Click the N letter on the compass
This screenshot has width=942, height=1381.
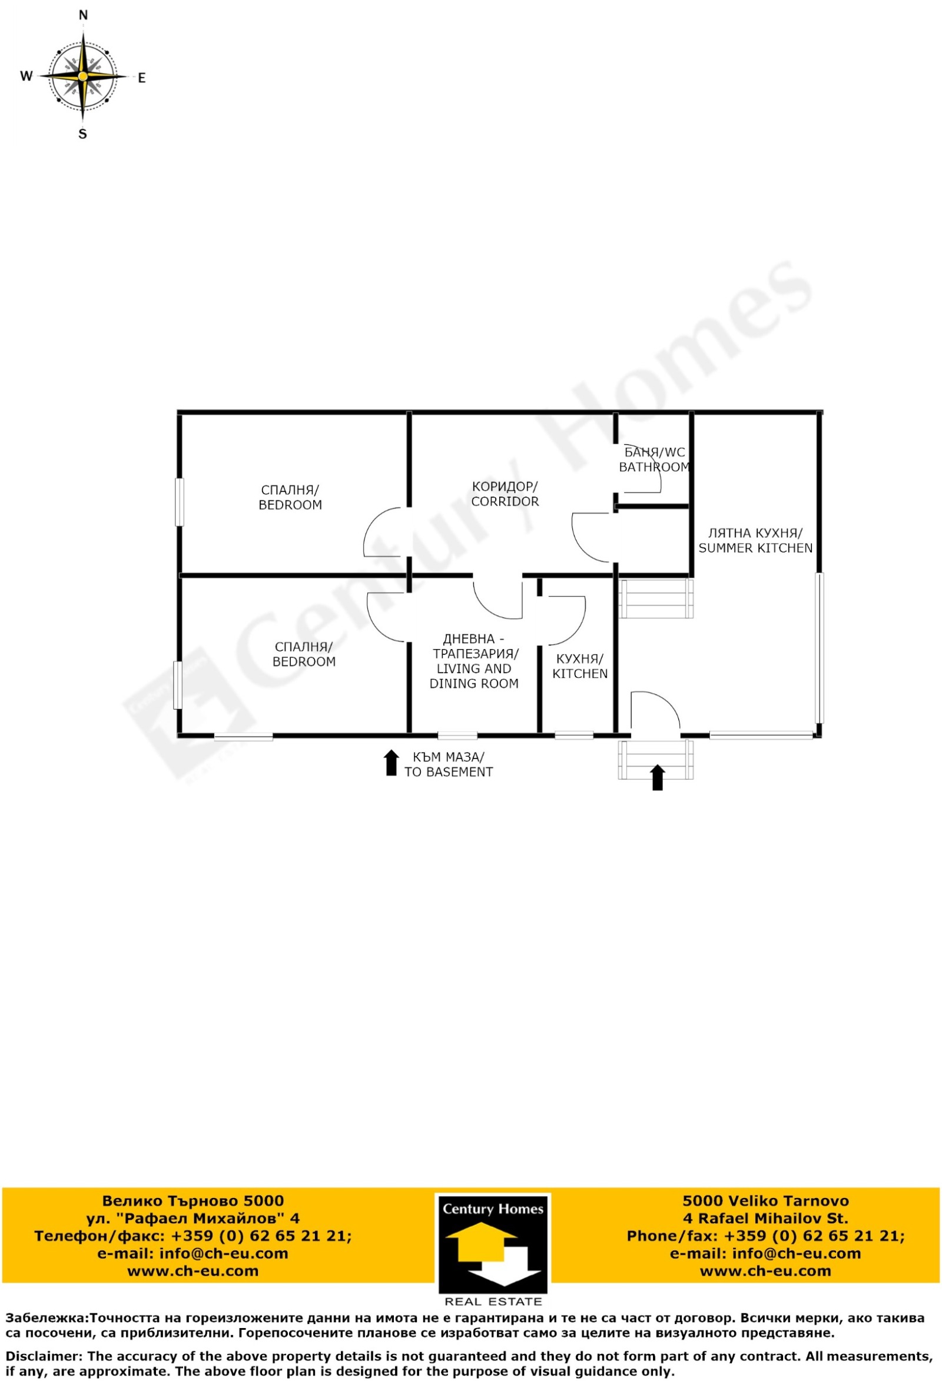point(83,15)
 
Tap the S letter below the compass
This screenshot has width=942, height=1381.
point(82,134)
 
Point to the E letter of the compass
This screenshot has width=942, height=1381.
point(141,78)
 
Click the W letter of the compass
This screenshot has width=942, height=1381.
point(26,76)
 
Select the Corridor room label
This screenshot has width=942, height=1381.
point(505,494)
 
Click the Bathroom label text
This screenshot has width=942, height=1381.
point(654,460)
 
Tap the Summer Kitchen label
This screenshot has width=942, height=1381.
point(755,540)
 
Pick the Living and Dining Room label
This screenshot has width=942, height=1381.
point(474,661)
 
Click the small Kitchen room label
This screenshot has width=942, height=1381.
point(580,666)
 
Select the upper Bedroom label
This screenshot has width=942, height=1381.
point(290,497)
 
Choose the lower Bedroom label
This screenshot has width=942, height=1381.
point(304,654)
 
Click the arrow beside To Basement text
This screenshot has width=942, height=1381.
point(391,763)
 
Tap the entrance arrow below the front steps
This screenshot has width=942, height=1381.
point(657,777)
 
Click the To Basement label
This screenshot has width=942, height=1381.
point(449,765)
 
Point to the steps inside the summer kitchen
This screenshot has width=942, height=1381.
point(656,598)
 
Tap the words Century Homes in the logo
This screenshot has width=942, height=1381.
point(493,1209)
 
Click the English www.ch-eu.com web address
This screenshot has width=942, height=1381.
point(765,1271)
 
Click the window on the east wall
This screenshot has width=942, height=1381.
point(819,648)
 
